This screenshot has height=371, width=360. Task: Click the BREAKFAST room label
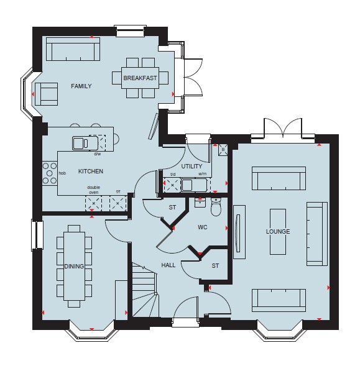[140, 78]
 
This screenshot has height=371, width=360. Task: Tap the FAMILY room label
[81, 86]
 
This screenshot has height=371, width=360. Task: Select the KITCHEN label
[91, 171]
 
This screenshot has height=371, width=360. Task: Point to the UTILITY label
[192, 167]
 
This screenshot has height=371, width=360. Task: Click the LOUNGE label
[278, 231]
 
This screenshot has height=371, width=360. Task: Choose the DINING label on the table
[74, 266]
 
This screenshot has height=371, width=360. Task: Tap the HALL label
[168, 265]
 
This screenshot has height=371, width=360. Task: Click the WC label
[202, 227]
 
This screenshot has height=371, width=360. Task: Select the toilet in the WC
[216, 207]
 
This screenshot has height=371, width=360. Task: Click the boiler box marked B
[223, 150]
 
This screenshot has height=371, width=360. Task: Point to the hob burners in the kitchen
[50, 173]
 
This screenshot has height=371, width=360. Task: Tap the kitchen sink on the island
[85, 143]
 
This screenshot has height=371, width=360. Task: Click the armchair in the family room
[47, 94]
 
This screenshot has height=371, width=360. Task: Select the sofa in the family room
[73, 49]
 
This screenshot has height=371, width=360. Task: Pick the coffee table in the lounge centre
[278, 232]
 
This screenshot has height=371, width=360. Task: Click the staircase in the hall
[144, 290]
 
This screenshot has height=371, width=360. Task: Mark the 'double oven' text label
[93, 190]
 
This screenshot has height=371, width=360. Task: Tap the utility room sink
[194, 185]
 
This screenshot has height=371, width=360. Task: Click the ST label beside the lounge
[215, 266]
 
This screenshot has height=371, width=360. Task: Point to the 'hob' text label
[62, 173]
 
